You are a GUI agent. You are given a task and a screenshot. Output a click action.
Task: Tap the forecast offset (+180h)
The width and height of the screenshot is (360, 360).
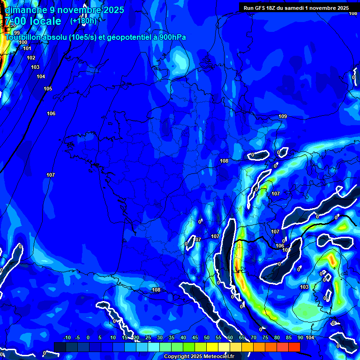[x=83, y=21]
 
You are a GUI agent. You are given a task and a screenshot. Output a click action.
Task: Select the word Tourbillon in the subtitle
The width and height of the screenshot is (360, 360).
[x=24, y=37]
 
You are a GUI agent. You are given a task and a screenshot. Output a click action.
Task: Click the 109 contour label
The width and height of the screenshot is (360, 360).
[x=283, y=116]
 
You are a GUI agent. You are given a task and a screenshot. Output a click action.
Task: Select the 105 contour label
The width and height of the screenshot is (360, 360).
[x=48, y=89]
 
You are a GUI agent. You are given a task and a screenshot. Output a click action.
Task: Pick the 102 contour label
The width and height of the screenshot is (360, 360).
[x=31, y=58]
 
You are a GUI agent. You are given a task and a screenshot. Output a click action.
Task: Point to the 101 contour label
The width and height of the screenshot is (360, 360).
[x=27, y=48]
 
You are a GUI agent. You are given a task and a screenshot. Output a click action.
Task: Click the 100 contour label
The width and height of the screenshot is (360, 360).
[x=23, y=42]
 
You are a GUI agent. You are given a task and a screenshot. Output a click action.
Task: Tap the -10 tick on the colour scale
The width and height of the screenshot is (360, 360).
[x=67, y=338]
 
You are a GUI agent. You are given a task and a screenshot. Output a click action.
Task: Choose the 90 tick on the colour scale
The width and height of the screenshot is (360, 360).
[x=300, y=338]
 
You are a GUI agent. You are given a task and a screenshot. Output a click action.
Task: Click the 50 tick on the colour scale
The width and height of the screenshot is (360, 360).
[x=207, y=338]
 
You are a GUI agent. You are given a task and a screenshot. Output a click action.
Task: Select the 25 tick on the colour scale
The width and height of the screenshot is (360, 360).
[x=148, y=338]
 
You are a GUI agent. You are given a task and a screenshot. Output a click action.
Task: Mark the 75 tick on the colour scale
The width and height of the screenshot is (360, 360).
[x=265, y=338]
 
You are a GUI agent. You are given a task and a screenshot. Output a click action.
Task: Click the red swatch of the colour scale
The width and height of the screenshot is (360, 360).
[x=294, y=346]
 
